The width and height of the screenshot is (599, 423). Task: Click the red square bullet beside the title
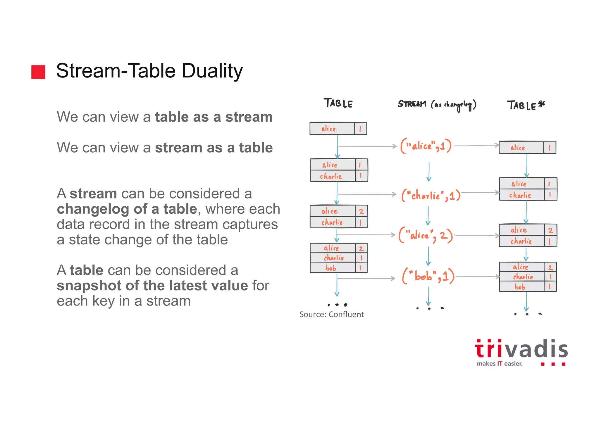click(x=38, y=72)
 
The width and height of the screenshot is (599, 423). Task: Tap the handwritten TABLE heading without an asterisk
click(x=338, y=103)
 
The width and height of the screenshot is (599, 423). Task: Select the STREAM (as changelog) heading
click(x=437, y=105)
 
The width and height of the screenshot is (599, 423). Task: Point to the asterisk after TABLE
click(x=541, y=104)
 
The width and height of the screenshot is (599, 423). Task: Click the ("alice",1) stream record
click(x=426, y=146)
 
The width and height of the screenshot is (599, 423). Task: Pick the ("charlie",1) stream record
click(x=431, y=195)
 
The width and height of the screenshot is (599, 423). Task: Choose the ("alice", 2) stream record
click(x=426, y=235)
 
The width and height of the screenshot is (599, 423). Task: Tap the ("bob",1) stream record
click(x=428, y=276)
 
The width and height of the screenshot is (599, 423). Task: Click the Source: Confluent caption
click(x=331, y=315)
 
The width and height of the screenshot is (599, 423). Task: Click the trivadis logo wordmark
click(x=521, y=350)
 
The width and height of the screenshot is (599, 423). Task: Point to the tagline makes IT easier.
click(x=499, y=364)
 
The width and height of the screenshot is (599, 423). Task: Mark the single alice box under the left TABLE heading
click(x=338, y=129)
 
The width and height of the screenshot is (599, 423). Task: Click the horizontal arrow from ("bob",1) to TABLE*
click(x=477, y=277)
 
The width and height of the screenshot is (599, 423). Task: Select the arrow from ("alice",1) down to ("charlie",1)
click(x=429, y=172)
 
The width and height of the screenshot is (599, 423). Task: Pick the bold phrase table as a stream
click(x=214, y=117)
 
